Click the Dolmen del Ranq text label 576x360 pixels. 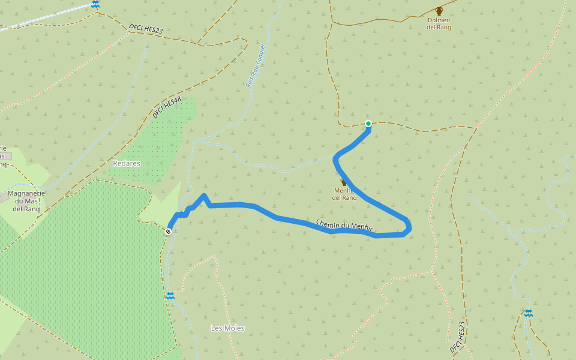tap(439, 23)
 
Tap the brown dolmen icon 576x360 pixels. tap(439, 11)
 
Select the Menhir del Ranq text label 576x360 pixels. tap(344, 194)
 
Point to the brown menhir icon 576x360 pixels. tap(343, 182)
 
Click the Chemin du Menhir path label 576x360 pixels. tap(344, 224)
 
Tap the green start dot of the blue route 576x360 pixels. tap(368, 124)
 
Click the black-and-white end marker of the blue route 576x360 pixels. tap(169, 231)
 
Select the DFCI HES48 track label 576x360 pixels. tap(166, 108)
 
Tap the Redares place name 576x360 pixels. tap(126, 163)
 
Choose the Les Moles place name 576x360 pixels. tap(227, 328)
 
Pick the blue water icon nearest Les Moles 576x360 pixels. tap(171, 296)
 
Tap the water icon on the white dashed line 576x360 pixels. tap(95, 4)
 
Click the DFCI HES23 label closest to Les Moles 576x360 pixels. tap(458, 337)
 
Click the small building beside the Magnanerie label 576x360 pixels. tap(4, 197)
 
